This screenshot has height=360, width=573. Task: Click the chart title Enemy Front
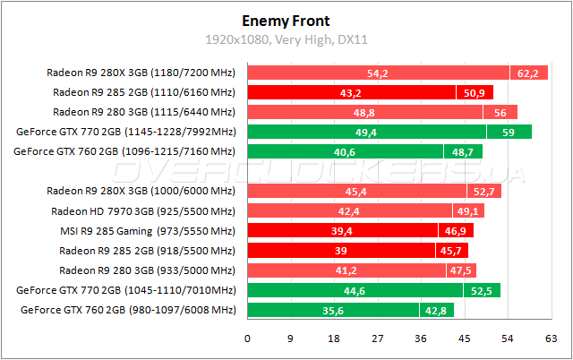point(286,20)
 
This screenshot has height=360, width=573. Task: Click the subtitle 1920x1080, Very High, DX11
point(286,40)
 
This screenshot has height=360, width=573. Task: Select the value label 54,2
point(378,73)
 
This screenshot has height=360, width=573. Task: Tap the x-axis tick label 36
point(421,339)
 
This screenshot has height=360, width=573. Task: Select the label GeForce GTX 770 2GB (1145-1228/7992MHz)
point(125,132)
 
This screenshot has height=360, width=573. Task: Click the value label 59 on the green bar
point(508,132)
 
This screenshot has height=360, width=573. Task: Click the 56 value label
point(500,112)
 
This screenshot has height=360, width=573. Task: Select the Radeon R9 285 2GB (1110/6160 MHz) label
point(144,92)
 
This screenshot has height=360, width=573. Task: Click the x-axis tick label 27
point(377,339)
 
